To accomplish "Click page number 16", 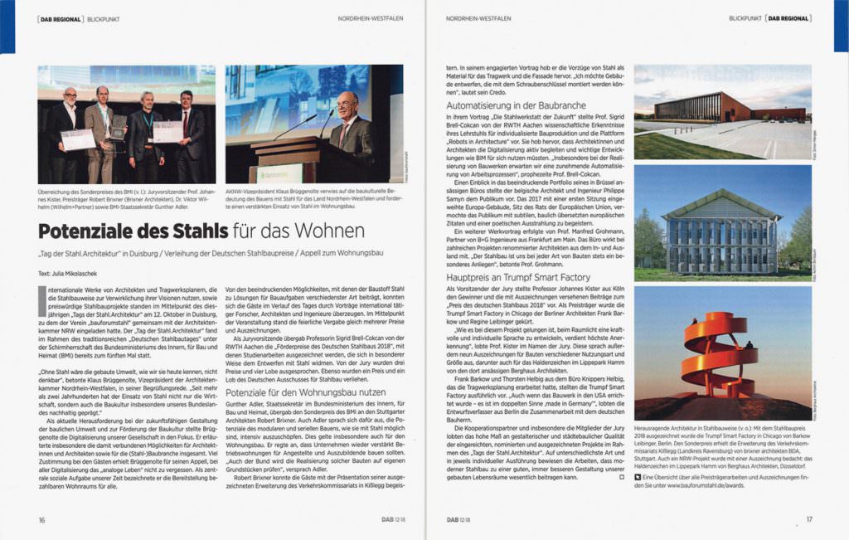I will click(x=41, y=519).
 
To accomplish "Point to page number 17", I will click(x=808, y=519).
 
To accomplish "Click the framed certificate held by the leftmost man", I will click(x=78, y=139).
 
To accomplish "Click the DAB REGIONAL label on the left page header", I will click(x=61, y=17).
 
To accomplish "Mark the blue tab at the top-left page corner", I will click(x=7, y=25).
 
